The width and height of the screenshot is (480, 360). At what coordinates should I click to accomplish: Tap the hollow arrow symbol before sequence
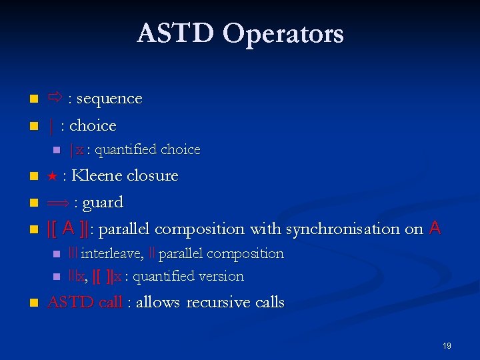tap(55, 99)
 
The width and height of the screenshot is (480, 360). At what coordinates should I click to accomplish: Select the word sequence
tap(109, 99)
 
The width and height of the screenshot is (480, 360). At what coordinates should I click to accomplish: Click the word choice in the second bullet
tap(93, 125)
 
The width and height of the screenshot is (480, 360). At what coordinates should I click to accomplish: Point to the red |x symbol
tap(76, 150)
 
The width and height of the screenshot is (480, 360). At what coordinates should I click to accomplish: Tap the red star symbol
tap(52, 176)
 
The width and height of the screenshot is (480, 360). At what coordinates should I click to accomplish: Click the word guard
tap(102, 203)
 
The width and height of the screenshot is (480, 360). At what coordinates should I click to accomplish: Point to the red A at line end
tap(435, 229)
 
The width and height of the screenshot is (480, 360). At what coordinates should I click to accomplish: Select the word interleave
tap(111, 254)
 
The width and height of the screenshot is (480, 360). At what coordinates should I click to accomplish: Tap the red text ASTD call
tap(85, 303)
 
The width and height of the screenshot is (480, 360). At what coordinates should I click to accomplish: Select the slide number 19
tap(447, 346)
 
